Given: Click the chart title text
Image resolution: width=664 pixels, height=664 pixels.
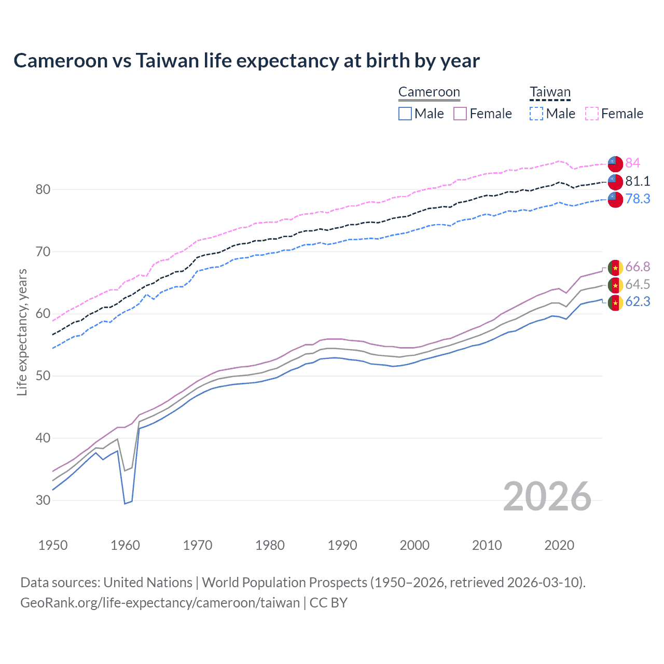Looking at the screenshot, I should [246, 61].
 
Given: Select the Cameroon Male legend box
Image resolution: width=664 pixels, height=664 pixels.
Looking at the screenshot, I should [405, 114].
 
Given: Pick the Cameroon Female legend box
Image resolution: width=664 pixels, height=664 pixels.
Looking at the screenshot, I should [460, 114].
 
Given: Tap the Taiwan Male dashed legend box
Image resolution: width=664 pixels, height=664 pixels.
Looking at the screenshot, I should [536, 114].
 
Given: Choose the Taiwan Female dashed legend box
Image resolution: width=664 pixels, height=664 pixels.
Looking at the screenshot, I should [592, 114].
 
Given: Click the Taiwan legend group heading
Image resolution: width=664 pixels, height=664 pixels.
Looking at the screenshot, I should [550, 92].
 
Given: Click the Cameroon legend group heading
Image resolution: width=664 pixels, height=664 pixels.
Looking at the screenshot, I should [429, 92].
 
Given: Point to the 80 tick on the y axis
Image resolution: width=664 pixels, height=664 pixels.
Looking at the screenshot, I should [43, 189].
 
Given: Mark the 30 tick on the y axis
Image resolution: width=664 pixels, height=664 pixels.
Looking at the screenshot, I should [43, 500].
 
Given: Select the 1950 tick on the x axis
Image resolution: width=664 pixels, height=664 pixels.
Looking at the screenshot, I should [53, 545].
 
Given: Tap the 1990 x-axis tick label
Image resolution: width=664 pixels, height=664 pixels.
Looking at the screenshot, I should [342, 545].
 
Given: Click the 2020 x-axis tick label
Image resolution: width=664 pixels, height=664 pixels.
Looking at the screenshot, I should [559, 545].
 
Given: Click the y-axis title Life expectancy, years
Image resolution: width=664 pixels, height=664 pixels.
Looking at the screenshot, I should [22, 332].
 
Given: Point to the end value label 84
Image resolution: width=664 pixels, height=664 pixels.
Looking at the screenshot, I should [632, 163].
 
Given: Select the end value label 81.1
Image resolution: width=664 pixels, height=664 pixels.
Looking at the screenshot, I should [638, 181].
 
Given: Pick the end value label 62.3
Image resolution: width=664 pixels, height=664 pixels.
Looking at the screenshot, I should [638, 302].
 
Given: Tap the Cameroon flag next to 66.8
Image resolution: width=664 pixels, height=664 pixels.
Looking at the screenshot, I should [615, 268].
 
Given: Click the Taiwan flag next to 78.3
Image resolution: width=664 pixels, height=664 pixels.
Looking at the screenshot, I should [615, 199].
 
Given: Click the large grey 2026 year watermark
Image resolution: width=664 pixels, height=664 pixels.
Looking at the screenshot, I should [547, 496].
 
